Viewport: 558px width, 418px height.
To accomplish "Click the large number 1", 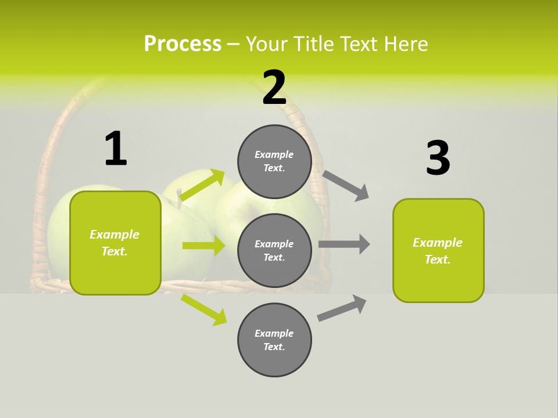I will (115, 149).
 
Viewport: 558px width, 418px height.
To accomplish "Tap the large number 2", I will (274, 88).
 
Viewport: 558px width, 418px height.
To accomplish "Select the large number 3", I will (438, 158).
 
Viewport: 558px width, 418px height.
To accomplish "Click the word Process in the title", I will (183, 44).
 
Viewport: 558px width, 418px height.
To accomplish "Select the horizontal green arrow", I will (203, 246).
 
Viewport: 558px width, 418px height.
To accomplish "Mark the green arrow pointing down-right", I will (204, 309).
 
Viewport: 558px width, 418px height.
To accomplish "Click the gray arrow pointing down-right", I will (346, 185).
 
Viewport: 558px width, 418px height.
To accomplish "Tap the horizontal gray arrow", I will (344, 244).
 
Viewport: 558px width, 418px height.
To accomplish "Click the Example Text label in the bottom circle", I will (274, 340).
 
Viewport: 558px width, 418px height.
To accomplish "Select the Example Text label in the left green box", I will (115, 243).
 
